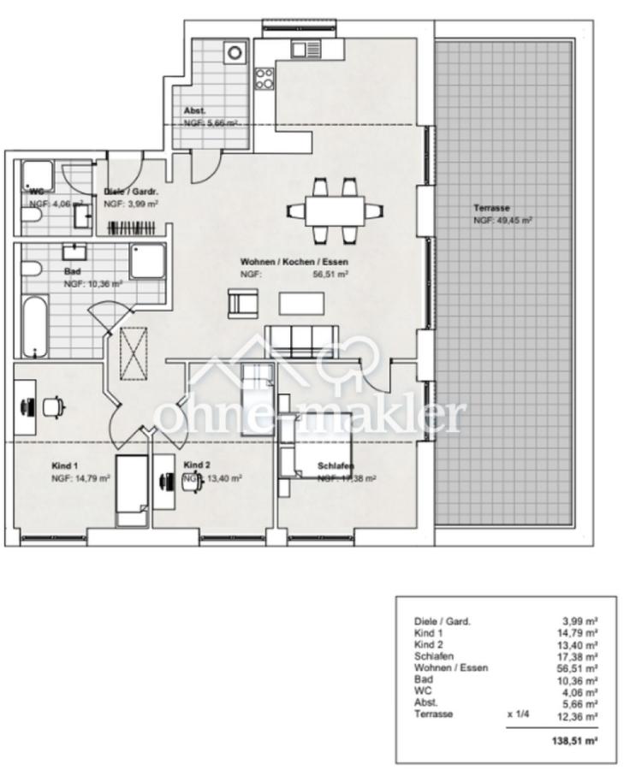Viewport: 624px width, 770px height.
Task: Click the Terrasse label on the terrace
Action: pos(491,208)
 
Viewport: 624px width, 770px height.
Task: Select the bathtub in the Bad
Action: pos(33,326)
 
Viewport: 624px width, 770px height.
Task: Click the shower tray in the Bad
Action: pos(146,260)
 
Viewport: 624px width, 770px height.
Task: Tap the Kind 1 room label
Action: pos(64,465)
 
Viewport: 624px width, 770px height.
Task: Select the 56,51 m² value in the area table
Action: pos(579,667)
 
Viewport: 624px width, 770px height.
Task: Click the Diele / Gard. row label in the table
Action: pos(442,622)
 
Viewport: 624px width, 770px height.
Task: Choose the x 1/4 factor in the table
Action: pos(519,713)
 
